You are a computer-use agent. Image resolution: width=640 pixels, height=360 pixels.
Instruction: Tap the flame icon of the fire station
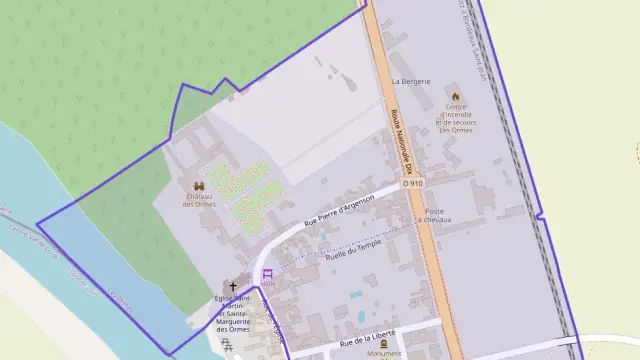(457, 96)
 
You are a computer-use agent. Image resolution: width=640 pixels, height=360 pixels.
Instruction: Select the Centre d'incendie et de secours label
(456, 119)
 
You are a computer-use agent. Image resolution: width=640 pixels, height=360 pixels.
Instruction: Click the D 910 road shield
(413, 184)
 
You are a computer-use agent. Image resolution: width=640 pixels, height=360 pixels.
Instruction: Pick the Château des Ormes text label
(200, 200)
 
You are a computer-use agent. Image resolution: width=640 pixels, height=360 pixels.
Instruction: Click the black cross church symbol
(233, 286)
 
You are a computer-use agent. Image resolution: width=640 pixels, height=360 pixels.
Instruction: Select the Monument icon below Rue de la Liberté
(383, 344)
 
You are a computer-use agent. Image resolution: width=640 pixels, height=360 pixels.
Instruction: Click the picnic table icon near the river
(228, 346)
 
